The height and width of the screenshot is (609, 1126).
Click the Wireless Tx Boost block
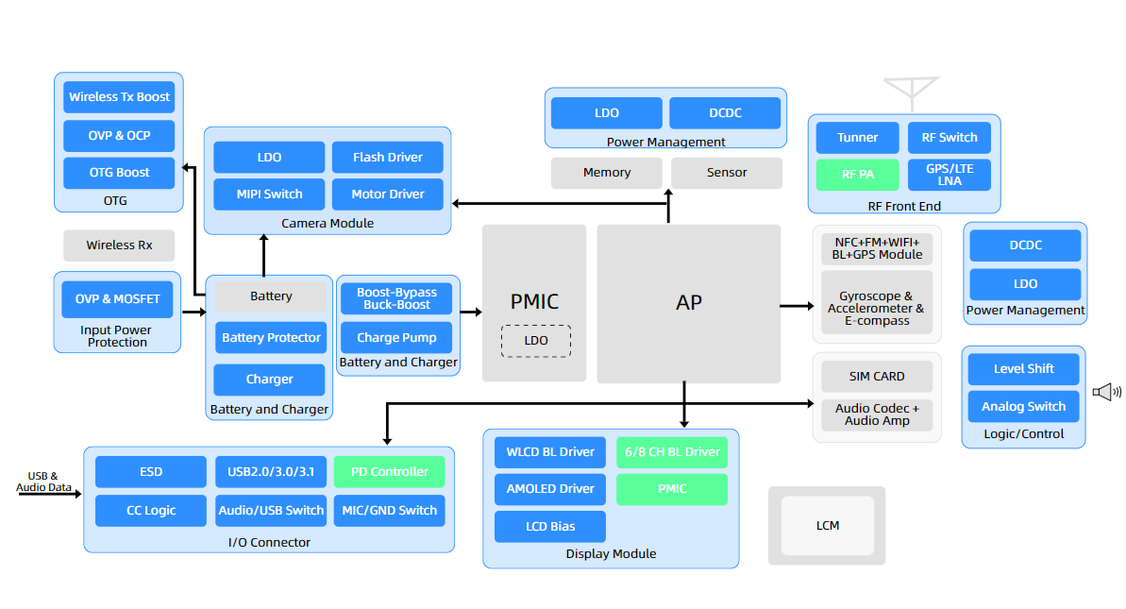(119, 97)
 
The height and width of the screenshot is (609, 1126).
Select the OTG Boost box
(119, 173)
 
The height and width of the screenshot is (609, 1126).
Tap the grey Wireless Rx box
(119, 245)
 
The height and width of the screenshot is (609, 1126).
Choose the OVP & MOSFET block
(117, 299)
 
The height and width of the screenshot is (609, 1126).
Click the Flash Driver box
(387, 158)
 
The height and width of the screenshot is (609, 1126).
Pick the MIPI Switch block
(269, 195)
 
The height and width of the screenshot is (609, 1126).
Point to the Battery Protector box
(271, 338)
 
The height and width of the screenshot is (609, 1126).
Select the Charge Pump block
(396, 338)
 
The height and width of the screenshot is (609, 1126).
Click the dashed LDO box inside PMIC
(535, 340)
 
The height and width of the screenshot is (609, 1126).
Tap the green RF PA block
(857, 175)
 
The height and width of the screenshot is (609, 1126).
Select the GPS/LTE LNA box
(950, 175)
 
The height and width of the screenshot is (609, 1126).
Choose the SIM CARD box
(877, 377)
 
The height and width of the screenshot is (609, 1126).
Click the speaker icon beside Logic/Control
(1106, 392)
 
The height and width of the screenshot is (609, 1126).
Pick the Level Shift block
(1024, 369)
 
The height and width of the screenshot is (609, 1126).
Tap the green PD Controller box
(389, 472)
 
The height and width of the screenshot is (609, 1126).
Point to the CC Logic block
(151, 511)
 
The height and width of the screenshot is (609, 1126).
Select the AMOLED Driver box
(550, 489)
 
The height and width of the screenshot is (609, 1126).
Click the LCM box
(827, 526)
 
